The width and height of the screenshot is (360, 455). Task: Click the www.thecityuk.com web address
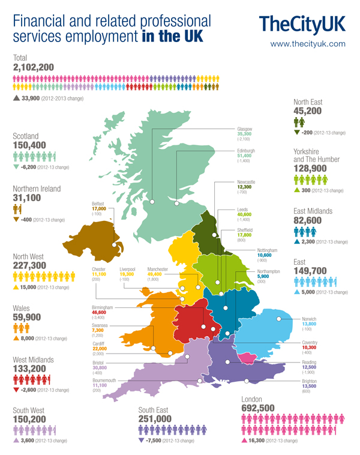(308, 44)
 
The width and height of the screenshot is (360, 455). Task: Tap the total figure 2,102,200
(34, 67)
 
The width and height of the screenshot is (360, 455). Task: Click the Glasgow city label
(244, 129)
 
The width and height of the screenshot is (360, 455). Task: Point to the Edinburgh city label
(246, 150)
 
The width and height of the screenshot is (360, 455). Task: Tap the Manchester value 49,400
(157, 274)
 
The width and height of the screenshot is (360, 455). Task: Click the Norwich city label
(309, 319)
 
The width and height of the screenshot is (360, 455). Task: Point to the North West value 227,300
(29, 265)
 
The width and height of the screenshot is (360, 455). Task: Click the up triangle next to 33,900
(16, 97)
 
